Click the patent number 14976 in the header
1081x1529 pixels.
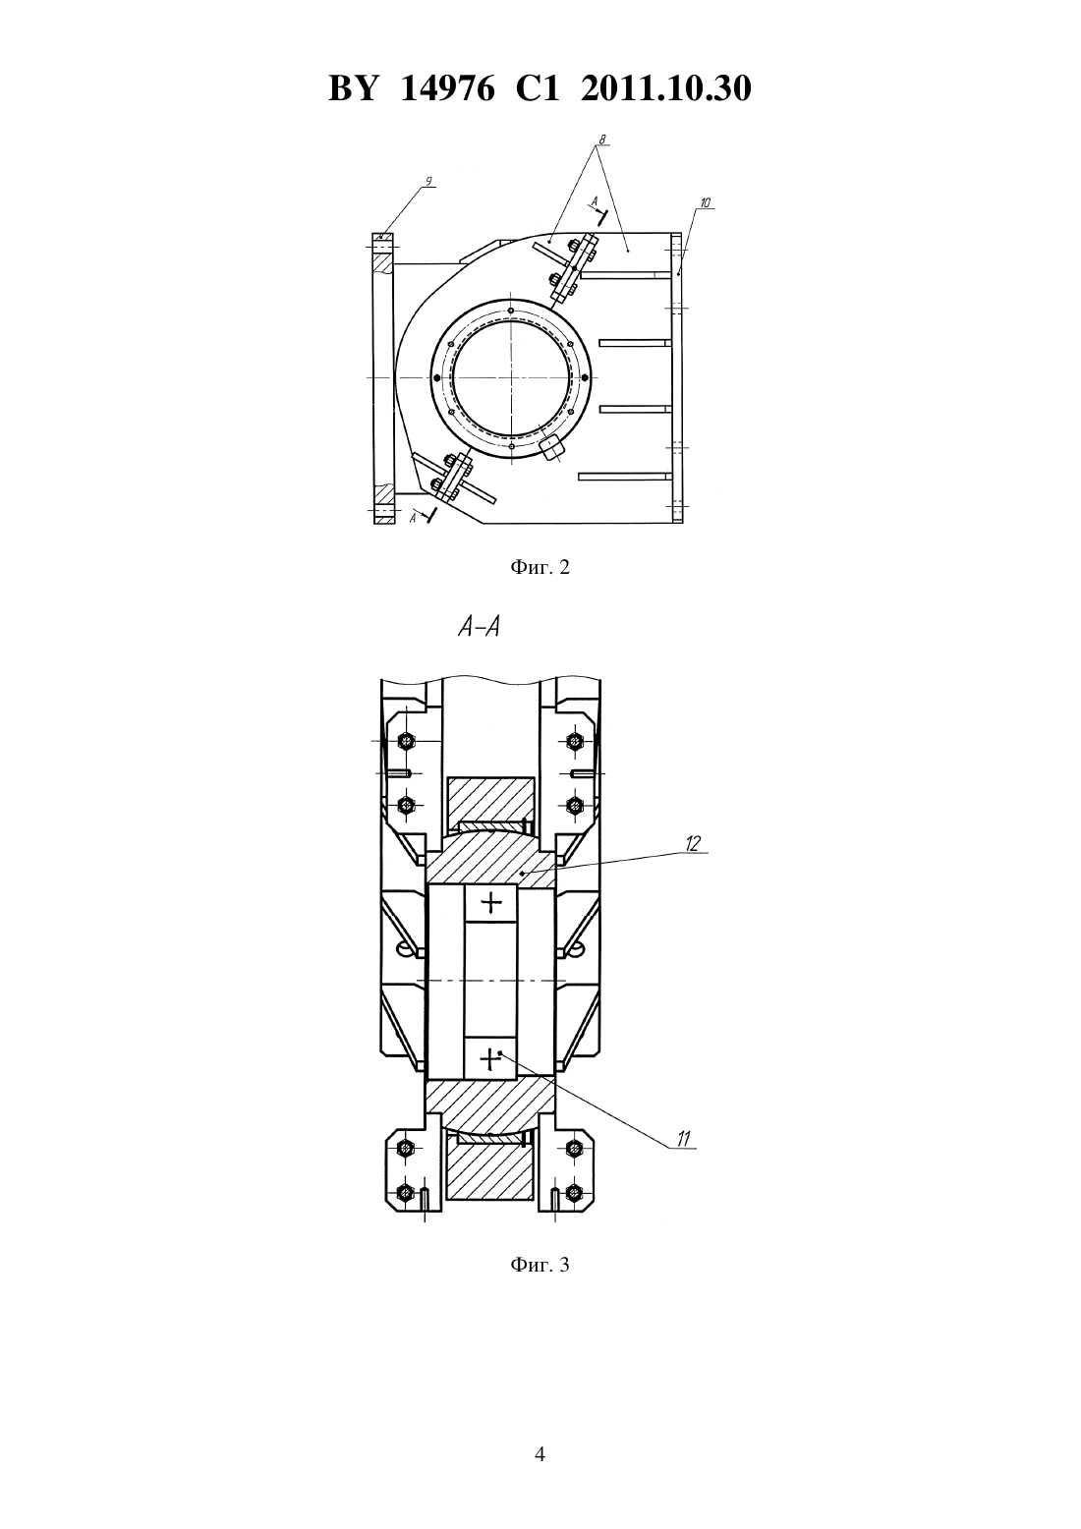pyautogui.click(x=447, y=88)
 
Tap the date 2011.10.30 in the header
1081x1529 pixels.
pyautogui.click(x=666, y=88)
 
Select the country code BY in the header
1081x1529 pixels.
pyautogui.click(x=353, y=88)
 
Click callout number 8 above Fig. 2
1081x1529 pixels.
pyautogui.click(x=601, y=140)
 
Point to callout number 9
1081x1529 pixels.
pyautogui.click(x=428, y=181)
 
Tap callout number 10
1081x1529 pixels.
pyautogui.click(x=706, y=202)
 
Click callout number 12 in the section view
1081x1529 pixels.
pyautogui.click(x=693, y=844)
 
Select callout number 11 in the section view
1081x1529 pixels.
pyautogui.click(x=684, y=1139)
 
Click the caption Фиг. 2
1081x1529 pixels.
pyautogui.click(x=540, y=568)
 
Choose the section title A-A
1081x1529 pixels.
pyautogui.click(x=480, y=627)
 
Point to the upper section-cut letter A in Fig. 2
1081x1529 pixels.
pyautogui.click(x=596, y=201)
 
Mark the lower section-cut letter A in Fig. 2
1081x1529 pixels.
pyautogui.click(x=413, y=518)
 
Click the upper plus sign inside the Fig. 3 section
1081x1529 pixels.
pyautogui.click(x=491, y=903)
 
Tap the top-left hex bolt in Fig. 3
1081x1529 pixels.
pyautogui.click(x=407, y=740)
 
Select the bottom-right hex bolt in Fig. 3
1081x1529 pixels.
pyautogui.click(x=574, y=1193)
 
